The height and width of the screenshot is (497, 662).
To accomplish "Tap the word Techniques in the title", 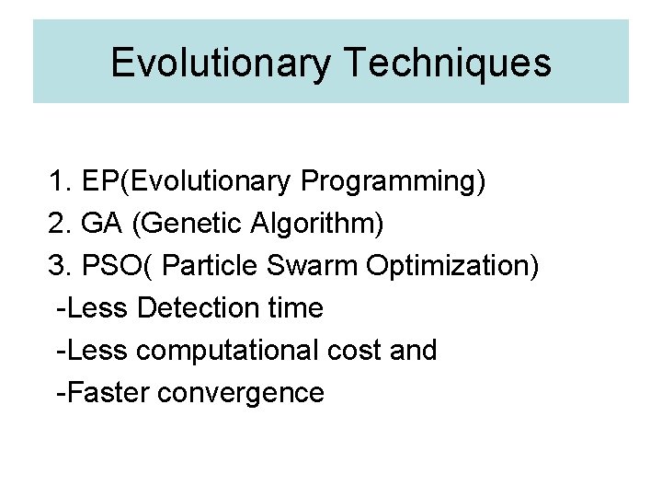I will coord(449,63).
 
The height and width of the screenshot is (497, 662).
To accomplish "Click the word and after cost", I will coord(414,351).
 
